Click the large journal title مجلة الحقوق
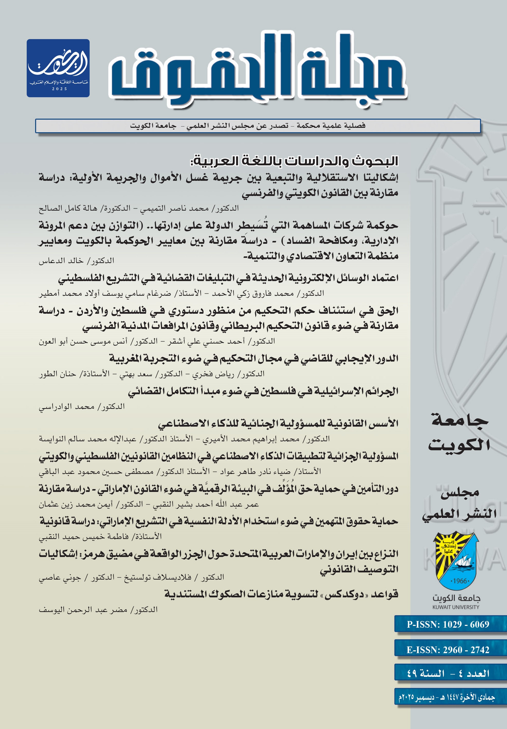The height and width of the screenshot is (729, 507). (257, 71)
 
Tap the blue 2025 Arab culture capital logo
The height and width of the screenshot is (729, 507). (58, 68)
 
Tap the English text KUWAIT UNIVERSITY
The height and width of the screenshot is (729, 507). (456, 607)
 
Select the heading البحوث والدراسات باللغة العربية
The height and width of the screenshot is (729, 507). (294, 161)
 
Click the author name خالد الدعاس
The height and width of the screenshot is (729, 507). (60, 261)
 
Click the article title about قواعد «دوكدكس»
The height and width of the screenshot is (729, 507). (281, 594)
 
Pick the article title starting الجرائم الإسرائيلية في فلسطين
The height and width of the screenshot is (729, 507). (263, 391)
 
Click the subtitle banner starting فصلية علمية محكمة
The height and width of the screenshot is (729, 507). (247, 126)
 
